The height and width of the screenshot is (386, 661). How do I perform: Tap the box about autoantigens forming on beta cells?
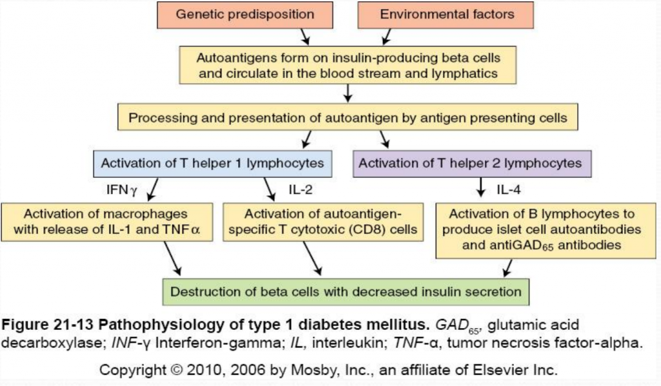(x=348, y=65)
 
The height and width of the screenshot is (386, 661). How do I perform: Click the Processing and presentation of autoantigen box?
(x=348, y=119)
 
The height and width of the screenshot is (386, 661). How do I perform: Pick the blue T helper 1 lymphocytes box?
(x=213, y=163)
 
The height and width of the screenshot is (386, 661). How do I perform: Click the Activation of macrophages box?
(x=107, y=222)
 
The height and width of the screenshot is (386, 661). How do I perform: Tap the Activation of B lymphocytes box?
(x=542, y=229)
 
